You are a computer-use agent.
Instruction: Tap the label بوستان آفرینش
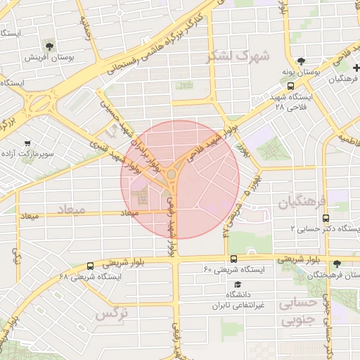pyautogui.click(x=46, y=57)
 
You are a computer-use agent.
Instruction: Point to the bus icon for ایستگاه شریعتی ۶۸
pyautogui.click(x=90, y=266)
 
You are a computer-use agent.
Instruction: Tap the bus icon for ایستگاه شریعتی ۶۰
pyautogui.click(x=233, y=259)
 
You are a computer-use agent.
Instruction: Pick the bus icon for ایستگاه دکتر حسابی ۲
pyautogui.click(x=325, y=219)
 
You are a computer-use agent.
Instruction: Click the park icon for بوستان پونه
pyautogui.click(x=302, y=61)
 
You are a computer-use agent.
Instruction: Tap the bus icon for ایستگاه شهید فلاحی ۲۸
pyautogui.click(x=291, y=86)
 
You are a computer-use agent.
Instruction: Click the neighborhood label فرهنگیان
pyautogui.click(x=303, y=203)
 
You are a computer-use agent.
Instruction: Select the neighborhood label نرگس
pyautogui.click(x=110, y=314)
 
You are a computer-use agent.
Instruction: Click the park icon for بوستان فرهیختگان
pyautogui.click(x=338, y=263)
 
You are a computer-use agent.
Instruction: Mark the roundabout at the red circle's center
pyautogui.click(x=172, y=174)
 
